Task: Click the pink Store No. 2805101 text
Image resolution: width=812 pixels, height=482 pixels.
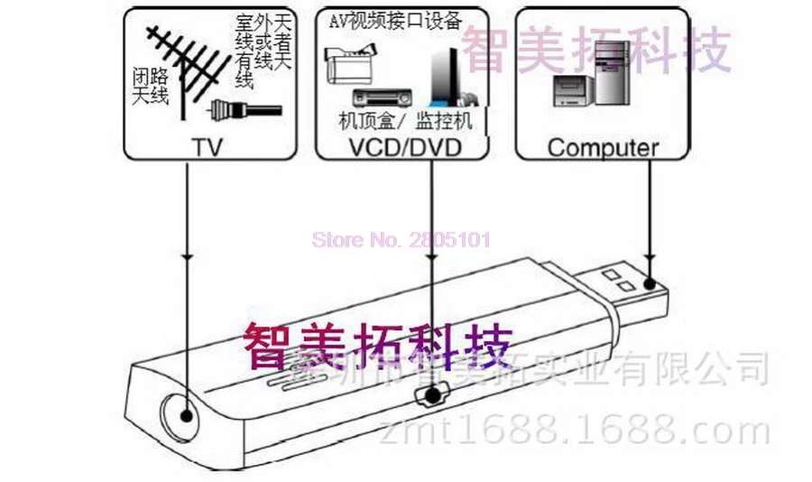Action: pyautogui.click(x=401, y=240)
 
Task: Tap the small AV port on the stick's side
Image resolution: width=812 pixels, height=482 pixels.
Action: pyautogui.click(x=434, y=395)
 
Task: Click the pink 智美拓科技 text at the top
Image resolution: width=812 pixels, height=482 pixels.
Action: pyautogui.click(x=595, y=50)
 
